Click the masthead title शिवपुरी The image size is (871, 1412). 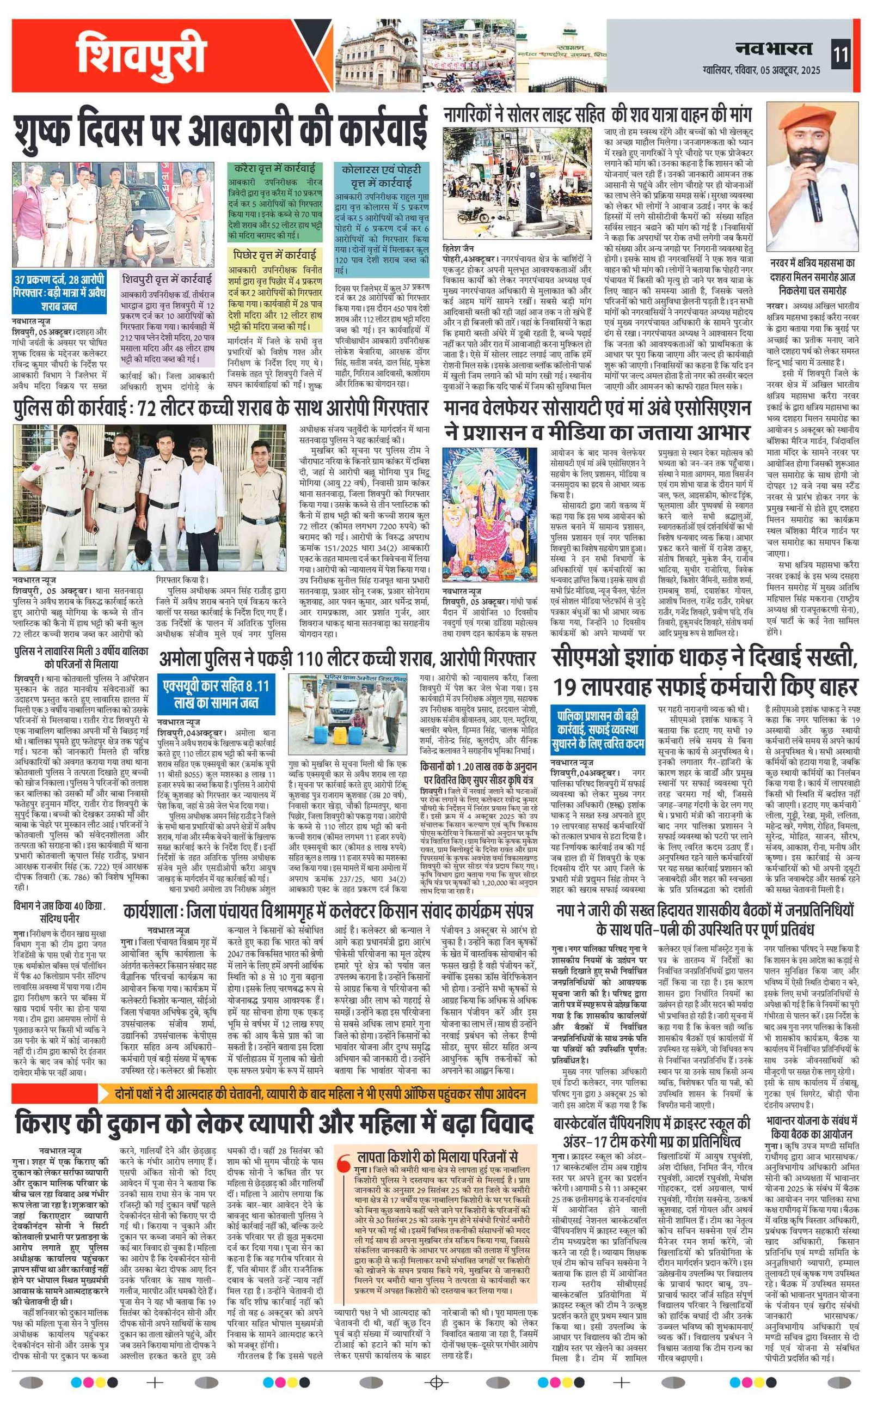coord(141,56)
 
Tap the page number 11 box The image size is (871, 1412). coord(841,55)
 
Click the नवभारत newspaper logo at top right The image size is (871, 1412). coord(773,50)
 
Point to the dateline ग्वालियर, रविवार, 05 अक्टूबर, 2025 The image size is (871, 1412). coord(761,70)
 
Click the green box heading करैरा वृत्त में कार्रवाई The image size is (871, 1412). coord(275,168)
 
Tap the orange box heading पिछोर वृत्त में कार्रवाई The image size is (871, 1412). coord(275,255)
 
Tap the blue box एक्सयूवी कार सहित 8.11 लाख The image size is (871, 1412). coord(216,694)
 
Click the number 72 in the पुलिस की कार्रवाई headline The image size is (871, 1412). coord(152,408)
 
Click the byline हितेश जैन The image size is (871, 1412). coord(458,249)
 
